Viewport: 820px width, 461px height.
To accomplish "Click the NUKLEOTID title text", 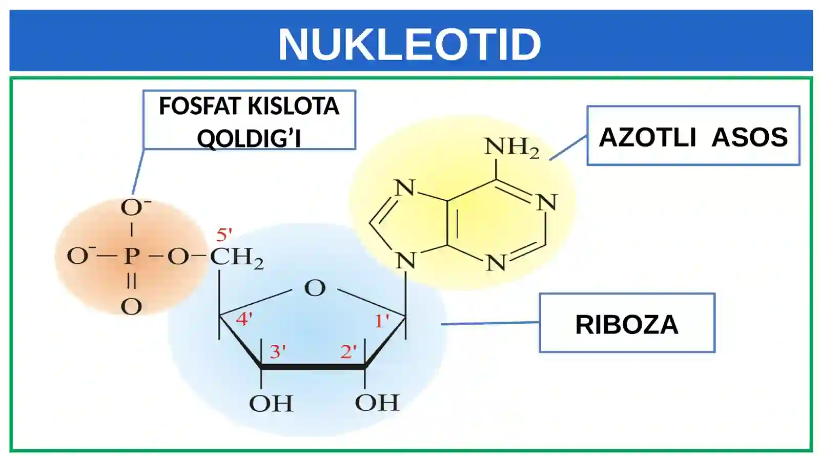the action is pyautogui.click(x=409, y=44).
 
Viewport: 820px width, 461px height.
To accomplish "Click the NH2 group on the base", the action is pyautogui.click(x=512, y=148).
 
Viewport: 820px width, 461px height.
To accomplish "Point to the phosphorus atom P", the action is pyautogui.click(x=131, y=256).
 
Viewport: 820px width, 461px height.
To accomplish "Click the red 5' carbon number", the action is pyautogui.click(x=224, y=235).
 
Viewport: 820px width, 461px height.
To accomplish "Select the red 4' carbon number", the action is pyautogui.click(x=244, y=319).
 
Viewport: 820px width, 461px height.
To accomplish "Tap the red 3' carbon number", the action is pyautogui.click(x=277, y=351).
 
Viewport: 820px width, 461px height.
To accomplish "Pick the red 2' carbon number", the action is pyautogui.click(x=348, y=351).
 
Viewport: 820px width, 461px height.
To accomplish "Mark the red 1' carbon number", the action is pyautogui.click(x=382, y=321).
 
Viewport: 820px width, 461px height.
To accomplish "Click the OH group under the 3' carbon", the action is pyautogui.click(x=271, y=404).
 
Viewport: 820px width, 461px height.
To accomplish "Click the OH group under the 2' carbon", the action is pyautogui.click(x=377, y=403).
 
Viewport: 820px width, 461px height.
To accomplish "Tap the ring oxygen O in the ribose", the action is pyautogui.click(x=315, y=288).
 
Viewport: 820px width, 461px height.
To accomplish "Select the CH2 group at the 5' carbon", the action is pyautogui.click(x=236, y=258).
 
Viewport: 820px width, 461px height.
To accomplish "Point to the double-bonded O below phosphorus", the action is pyautogui.click(x=131, y=307).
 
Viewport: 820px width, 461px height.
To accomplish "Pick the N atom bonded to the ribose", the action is pyautogui.click(x=406, y=261).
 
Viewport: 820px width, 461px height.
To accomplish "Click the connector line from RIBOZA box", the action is pyautogui.click(x=490, y=323).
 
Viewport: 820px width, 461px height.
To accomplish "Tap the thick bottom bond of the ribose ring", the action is pyautogui.click(x=313, y=367).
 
